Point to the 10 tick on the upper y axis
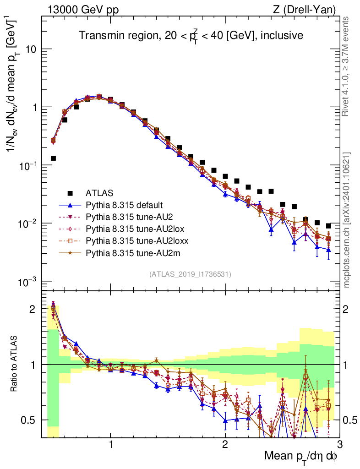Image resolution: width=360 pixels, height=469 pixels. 31,49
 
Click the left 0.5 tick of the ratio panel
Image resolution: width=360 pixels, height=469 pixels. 31,420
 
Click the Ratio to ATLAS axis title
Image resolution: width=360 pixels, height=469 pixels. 15,365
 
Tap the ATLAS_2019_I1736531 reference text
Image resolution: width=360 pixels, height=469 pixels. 190,274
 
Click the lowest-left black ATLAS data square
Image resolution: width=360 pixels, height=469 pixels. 53,158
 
